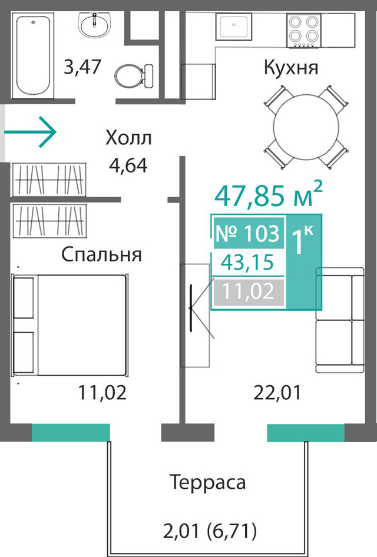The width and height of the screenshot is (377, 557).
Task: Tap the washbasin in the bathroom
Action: click(95, 25)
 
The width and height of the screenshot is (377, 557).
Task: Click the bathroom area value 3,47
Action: click(82, 67)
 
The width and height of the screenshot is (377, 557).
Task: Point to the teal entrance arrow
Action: click(30, 132)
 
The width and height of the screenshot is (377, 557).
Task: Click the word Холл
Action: click(128, 138)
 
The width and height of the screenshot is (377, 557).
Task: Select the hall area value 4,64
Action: click(128, 165)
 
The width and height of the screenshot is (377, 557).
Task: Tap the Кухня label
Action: click(290, 68)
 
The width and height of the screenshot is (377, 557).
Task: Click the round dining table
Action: click(306, 127)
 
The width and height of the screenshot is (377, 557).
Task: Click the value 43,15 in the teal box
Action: click(247, 263)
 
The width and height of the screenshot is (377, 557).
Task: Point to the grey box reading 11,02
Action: click(249, 292)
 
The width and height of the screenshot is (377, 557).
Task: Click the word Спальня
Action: click(102, 255)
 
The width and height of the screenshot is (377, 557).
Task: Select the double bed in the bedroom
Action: click(70, 324)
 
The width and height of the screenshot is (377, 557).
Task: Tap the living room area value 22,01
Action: click(277, 393)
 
